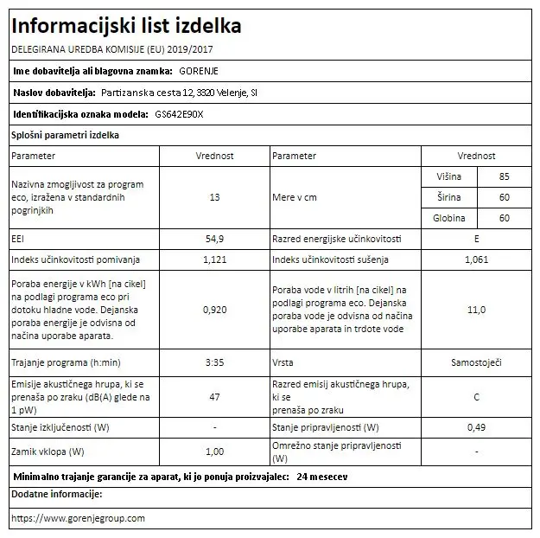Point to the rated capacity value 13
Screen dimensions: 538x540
(x=215, y=197)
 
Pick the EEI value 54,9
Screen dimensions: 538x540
(x=215, y=238)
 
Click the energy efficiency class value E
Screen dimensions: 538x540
(x=476, y=238)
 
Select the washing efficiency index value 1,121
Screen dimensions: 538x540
(x=215, y=259)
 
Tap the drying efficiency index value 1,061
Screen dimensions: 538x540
(x=476, y=259)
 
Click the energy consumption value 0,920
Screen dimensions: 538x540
(x=215, y=309)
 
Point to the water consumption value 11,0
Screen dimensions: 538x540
(x=476, y=309)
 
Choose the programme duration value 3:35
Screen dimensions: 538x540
(x=215, y=363)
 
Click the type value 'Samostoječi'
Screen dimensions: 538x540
(x=476, y=363)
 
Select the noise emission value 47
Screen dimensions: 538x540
(x=215, y=396)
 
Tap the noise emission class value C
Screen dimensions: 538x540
(x=476, y=396)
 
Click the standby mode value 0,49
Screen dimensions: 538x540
(x=476, y=428)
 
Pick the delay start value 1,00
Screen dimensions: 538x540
(x=215, y=451)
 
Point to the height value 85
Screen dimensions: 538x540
(x=505, y=176)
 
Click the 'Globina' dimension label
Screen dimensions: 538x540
(x=449, y=218)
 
